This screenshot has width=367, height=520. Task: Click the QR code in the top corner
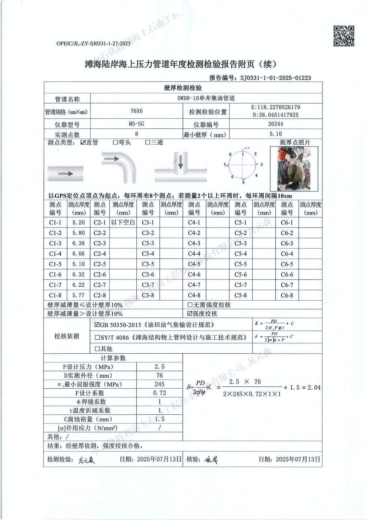(344, 36)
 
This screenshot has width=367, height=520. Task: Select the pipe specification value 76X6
(136, 111)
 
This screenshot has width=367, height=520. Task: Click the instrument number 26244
(276, 124)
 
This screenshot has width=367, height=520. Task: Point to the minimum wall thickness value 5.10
(276, 134)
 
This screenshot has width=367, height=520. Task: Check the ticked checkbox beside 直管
(83, 142)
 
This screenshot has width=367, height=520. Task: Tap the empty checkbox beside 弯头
(115, 142)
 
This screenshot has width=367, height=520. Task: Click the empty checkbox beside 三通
(147, 142)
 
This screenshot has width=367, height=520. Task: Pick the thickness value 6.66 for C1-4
(78, 253)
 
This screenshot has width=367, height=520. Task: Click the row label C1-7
(55, 285)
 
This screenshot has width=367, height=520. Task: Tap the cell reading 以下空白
(123, 223)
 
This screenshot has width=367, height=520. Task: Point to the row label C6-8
(287, 295)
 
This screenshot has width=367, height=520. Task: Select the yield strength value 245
(159, 384)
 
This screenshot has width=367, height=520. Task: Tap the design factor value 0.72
(159, 393)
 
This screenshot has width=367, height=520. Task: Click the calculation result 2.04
(314, 387)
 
